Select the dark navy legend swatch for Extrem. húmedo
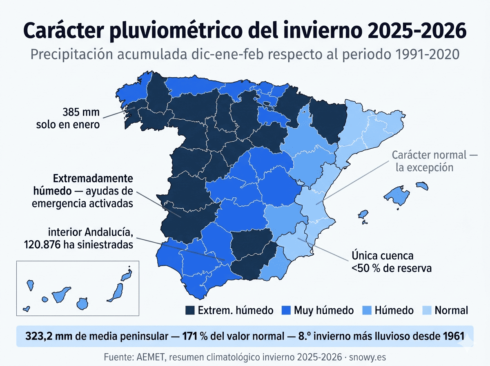pyautogui.click(x=190, y=310)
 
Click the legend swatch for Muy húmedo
pyautogui.click(x=286, y=310)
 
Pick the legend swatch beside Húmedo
pyautogui.click(x=367, y=310)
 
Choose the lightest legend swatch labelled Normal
pyautogui.click(x=427, y=310)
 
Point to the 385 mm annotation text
pyautogui.click(x=81, y=112)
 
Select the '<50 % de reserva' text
pyautogui.click(x=391, y=268)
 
